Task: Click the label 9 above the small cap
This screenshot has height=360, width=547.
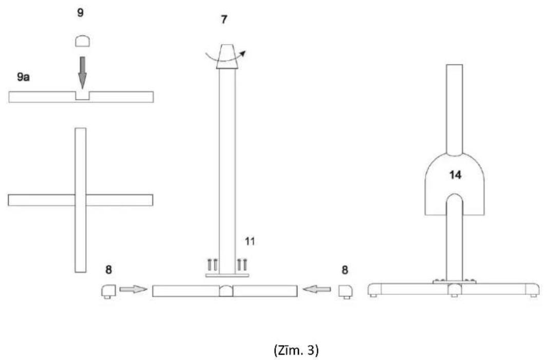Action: (x=80, y=13)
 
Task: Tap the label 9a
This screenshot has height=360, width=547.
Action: (x=24, y=77)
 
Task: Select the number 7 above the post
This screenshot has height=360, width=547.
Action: (x=224, y=20)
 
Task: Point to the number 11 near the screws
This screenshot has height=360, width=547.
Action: (x=250, y=241)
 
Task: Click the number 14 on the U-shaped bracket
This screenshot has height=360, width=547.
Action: (x=455, y=175)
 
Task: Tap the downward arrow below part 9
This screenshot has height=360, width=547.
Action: (x=82, y=72)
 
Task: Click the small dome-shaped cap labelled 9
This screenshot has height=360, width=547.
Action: (x=83, y=41)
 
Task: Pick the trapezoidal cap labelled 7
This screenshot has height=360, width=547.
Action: (x=228, y=56)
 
